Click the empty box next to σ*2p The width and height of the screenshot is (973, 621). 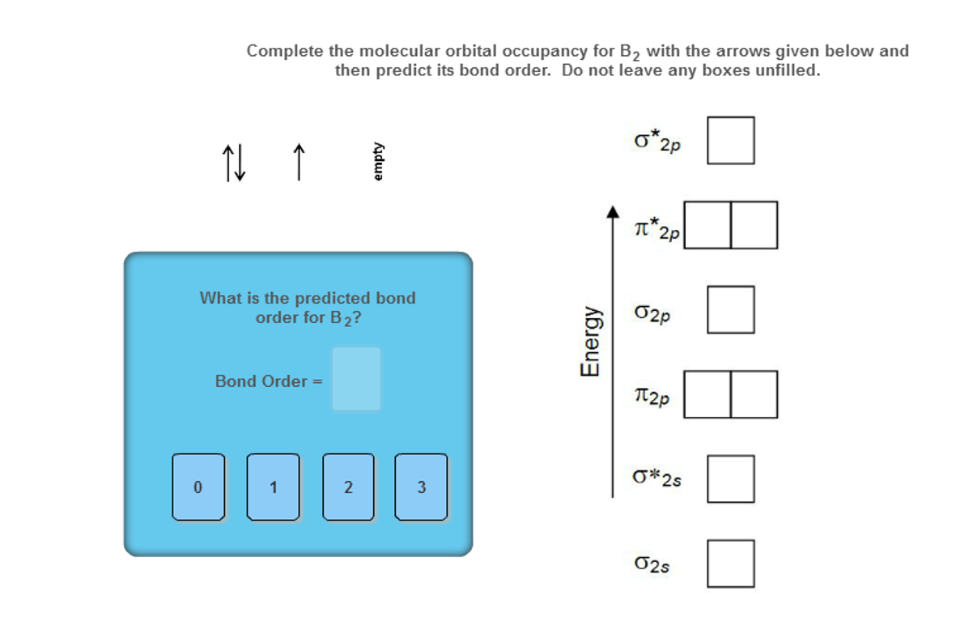730,140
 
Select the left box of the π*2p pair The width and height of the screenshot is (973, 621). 707,225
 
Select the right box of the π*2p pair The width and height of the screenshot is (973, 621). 754,225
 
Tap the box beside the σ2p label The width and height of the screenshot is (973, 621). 730,309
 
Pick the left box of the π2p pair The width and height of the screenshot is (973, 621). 707,394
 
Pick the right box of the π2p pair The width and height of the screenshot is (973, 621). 754,394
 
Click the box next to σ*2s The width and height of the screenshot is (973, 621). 730,479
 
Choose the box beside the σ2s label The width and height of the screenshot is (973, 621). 730,564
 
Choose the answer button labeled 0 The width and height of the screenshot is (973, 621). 198,487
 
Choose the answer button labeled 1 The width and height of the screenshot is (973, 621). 273,487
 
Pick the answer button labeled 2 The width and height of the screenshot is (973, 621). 347,487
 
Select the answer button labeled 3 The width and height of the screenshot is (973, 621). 421,487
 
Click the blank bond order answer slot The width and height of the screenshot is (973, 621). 355,379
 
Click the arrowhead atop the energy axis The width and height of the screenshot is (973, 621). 613,211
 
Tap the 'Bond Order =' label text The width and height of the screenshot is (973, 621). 269,381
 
